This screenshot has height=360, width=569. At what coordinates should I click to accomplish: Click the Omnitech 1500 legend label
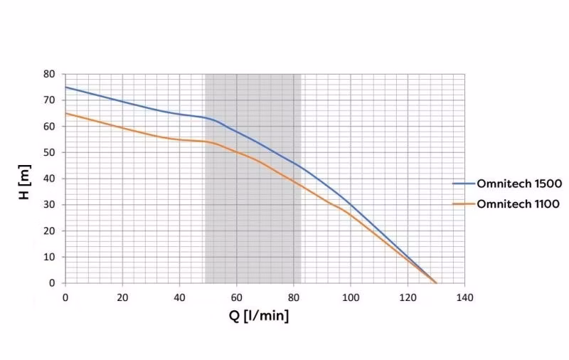click(520, 184)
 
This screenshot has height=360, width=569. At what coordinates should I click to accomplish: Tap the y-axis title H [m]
click(26, 178)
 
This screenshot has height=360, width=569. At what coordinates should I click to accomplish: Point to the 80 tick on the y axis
click(49, 74)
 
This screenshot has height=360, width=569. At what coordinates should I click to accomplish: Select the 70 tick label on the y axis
click(49, 100)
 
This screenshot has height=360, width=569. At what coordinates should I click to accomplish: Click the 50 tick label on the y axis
click(49, 152)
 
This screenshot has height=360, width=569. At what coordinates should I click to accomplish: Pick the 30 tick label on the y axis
click(49, 205)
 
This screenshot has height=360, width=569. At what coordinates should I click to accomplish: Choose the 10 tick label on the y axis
click(49, 257)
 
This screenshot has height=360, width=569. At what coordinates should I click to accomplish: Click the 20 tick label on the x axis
click(122, 297)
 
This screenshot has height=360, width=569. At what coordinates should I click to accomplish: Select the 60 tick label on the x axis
click(236, 297)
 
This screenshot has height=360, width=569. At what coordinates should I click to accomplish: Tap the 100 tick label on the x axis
click(351, 297)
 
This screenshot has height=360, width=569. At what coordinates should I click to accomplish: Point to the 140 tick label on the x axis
click(464, 297)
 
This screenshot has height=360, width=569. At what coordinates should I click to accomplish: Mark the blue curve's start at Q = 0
click(65, 87)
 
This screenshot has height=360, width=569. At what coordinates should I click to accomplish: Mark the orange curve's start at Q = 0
click(65, 113)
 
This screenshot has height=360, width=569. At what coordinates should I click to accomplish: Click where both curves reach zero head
click(436, 282)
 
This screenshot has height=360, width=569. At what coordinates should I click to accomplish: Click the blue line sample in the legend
click(463, 184)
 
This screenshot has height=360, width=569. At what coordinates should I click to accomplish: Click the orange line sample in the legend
click(463, 203)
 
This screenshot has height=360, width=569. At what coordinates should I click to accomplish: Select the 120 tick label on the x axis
click(408, 297)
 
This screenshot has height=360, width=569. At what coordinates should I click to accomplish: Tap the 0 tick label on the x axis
click(65, 297)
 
